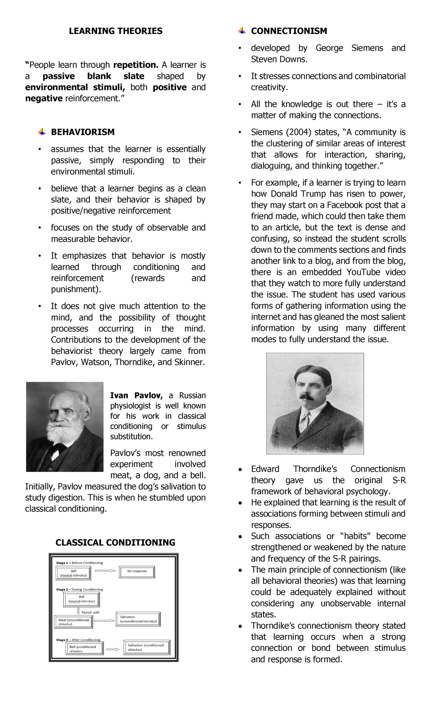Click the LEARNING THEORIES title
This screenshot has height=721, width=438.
[116, 31]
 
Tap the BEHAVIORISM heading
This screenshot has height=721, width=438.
[82, 132]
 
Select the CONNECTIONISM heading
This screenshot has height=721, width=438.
[289, 31]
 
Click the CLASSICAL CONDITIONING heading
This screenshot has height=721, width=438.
[115, 543]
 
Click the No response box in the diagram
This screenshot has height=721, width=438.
[137, 571]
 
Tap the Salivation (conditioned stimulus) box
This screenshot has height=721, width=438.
[146, 647]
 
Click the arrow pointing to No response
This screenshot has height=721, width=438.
[105, 571]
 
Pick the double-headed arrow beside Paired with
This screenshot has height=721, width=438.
[78, 611]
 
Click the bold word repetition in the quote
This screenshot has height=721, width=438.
[136, 65]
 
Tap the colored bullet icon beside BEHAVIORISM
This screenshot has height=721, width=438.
[42, 132]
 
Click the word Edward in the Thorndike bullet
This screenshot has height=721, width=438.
[265, 469]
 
